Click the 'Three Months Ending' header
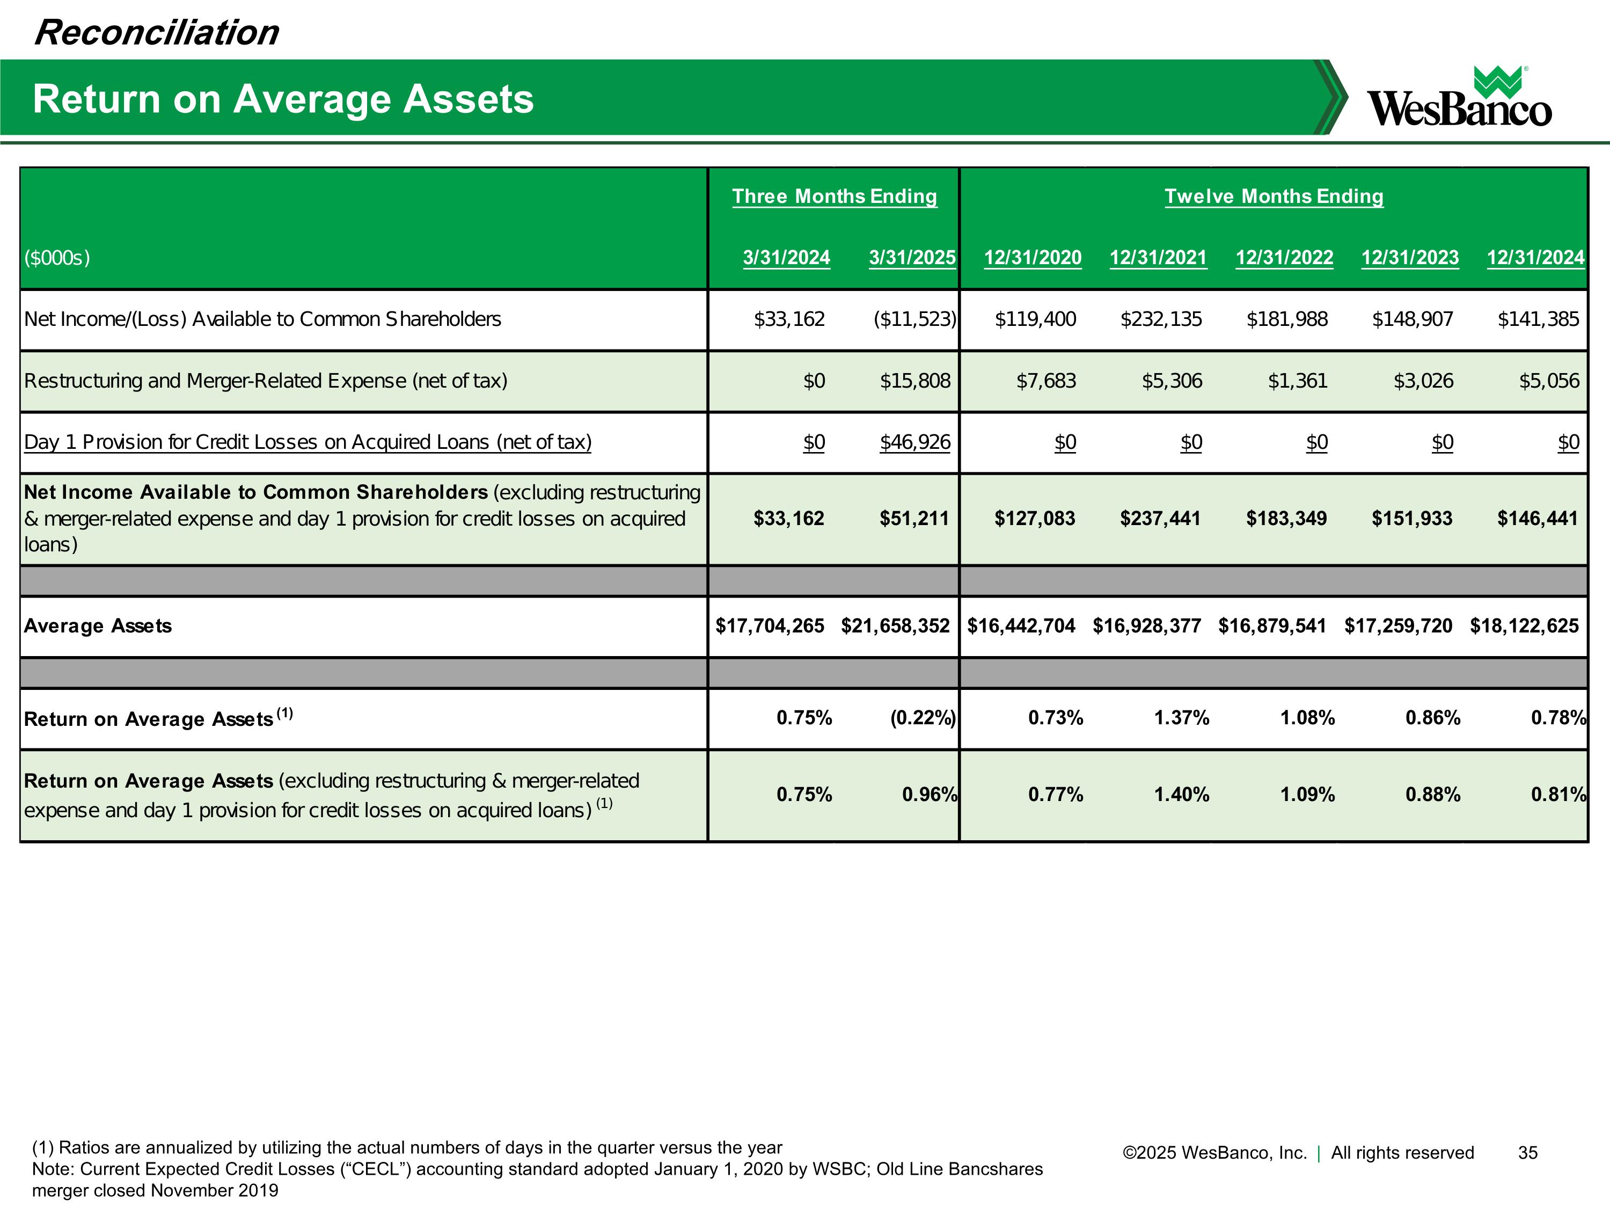coord(834,197)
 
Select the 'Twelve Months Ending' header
coord(1273,197)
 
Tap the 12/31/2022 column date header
coord(1284,258)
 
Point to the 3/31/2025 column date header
coord(912,258)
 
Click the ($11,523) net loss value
coord(914,319)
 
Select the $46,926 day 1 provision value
coord(915,442)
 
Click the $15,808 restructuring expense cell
coord(915,381)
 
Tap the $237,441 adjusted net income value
coord(1160,519)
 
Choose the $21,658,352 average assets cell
coord(895,626)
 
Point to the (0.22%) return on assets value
coord(922,718)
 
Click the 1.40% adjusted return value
coord(1181,795)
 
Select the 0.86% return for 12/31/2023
coord(1432,718)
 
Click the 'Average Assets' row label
coord(98,626)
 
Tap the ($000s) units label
coord(57,258)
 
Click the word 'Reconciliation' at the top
coord(157,33)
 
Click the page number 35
coord(1527,1153)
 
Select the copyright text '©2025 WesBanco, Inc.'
coord(1214,1153)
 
